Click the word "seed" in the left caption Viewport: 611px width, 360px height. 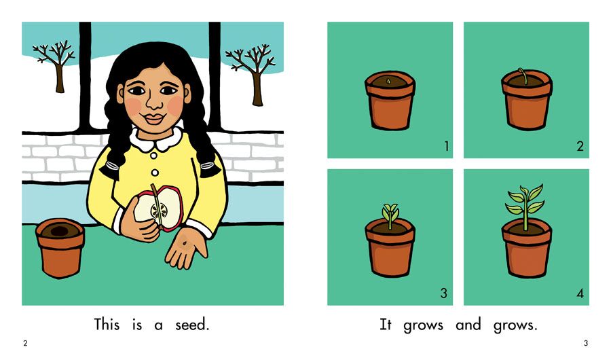(x=191, y=325)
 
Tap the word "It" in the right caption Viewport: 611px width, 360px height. (x=385, y=325)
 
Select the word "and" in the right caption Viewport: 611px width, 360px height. (x=468, y=325)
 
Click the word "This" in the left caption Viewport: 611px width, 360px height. (x=107, y=325)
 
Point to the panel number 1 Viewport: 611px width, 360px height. (x=447, y=146)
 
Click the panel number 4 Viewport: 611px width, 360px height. (x=580, y=293)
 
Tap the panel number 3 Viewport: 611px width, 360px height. (x=444, y=293)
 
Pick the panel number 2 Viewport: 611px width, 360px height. (x=580, y=146)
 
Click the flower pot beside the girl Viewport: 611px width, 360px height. (x=60, y=248)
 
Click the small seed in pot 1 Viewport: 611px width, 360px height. (x=388, y=81)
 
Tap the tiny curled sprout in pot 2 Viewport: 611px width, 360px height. (x=523, y=76)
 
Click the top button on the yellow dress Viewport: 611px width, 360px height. (x=154, y=156)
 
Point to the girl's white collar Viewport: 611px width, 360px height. (x=156, y=139)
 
